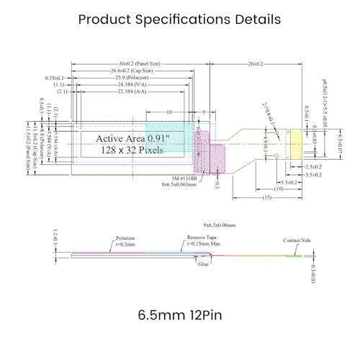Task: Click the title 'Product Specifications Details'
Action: pyautogui.click(x=179, y=19)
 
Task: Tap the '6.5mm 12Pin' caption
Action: pyautogui.click(x=179, y=315)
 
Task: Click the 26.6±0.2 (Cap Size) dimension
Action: pyautogui.click(x=132, y=71)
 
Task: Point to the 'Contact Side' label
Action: pyautogui.click(x=297, y=240)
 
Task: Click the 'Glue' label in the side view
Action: pyautogui.click(x=204, y=264)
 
